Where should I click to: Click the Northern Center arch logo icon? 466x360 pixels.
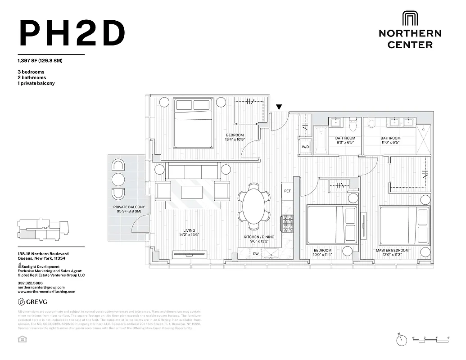[410, 19]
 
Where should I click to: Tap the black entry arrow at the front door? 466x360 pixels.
[279, 107]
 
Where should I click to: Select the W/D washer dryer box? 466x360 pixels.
[305, 147]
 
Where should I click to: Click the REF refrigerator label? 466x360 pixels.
[287, 191]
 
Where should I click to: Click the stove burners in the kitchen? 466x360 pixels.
[287, 222]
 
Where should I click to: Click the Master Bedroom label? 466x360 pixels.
[392, 250]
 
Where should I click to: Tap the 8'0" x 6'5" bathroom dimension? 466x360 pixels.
[345, 143]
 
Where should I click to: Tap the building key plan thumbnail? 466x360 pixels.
[44, 229]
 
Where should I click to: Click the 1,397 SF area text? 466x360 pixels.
[40, 61]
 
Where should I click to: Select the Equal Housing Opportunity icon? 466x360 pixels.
[21, 339]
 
